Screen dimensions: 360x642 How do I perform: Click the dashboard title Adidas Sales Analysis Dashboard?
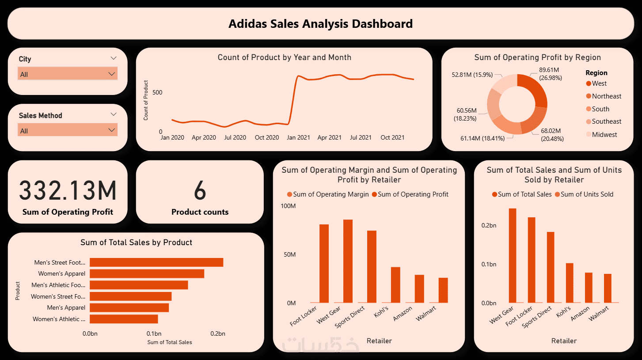point(320,23)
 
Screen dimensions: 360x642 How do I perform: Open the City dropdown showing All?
point(68,74)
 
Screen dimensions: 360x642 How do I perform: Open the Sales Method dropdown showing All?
point(68,130)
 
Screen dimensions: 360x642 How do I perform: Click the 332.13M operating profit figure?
point(68,191)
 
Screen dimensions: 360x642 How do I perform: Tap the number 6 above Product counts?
point(200,191)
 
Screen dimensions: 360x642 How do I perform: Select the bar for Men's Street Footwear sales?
point(156,262)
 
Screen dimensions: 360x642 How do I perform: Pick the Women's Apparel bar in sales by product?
point(147,274)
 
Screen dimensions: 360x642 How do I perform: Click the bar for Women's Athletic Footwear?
point(124,319)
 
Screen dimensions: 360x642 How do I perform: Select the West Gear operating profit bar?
point(348,261)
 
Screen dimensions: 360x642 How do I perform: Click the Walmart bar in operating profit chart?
point(443,290)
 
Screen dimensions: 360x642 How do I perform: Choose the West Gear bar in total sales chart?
point(513,255)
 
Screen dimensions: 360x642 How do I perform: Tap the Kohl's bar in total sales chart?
point(570,283)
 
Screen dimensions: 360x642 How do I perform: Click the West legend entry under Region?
point(599,83)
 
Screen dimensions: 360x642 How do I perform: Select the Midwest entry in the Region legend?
point(604,134)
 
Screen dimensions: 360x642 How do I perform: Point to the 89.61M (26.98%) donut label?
point(549,74)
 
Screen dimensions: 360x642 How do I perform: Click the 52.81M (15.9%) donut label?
point(472,75)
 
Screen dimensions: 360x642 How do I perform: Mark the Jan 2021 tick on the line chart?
point(298,137)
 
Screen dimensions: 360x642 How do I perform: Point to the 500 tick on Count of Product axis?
point(157,92)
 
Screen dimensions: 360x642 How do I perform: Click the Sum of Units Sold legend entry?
point(587,194)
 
